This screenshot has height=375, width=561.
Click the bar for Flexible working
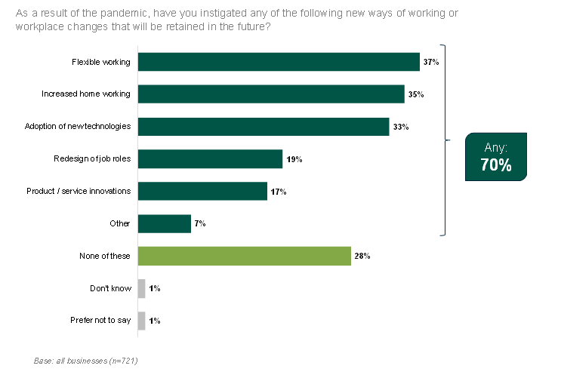pyautogui.click(x=279, y=62)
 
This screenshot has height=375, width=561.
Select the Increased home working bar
pyautogui.click(x=271, y=94)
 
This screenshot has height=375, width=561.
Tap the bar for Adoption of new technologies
pyautogui.click(x=264, y=127)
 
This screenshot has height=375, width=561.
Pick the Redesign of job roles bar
pyautogui.click(x=210, y=159)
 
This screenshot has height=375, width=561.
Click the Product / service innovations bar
pyautogui.click(x=202, y=192)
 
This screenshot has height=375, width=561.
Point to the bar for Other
pyautogui.click(x=165, y=223)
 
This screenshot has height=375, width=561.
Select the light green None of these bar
pyautogui.click(x=245, y=257)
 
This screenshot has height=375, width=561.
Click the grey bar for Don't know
pyautogui.click(x=141, y=288)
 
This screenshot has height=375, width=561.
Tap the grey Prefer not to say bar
pyautogui.click(x=141, y=321)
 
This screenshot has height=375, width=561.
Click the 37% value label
pyautogui.click(x=431, y=62)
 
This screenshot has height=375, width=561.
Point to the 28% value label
pyautogui.click(x=362, y=257)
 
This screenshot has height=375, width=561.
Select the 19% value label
pyautogui.click(x=294, y=159)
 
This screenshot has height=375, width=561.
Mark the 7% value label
pyautogui.click(x=200, y=224)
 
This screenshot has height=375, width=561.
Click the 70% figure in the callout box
pyautogui.click(x=495, y=165)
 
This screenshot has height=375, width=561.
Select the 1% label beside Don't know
pyautogui.click(x=154, y=289)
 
